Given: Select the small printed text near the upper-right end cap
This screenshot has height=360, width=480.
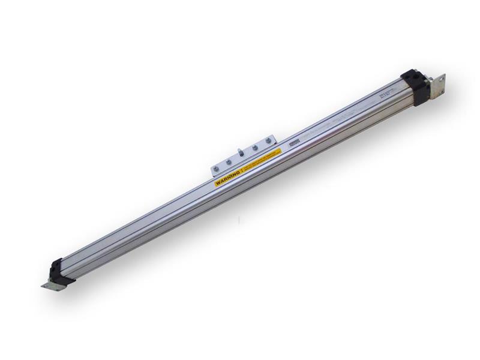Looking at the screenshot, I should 387,95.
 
